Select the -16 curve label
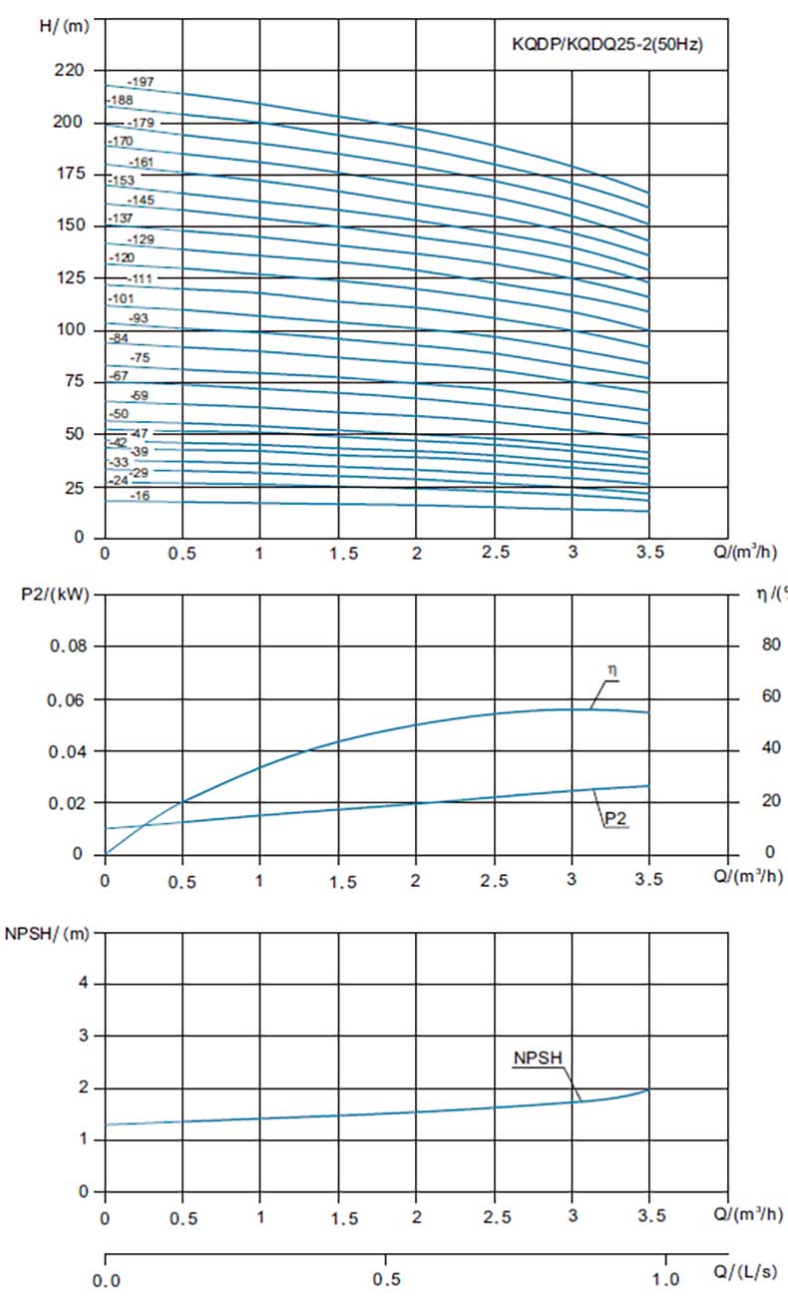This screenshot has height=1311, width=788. point(140,495)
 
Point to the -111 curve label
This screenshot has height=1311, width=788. point(141,278)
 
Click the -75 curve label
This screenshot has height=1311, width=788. point(140,357)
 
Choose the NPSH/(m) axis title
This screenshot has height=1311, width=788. point(47,933)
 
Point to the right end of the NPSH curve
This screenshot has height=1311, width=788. point(648,1090)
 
